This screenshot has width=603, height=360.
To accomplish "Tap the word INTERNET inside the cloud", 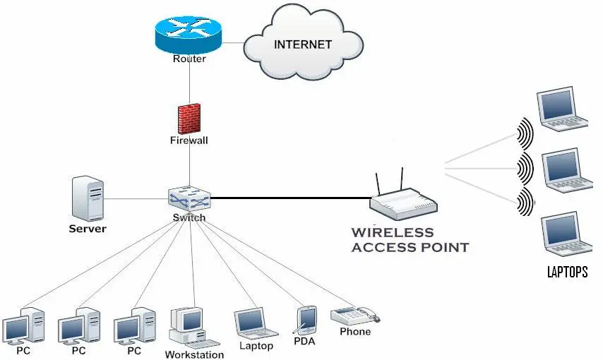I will [x=302, y=44].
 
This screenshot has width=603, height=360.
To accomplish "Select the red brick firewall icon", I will [x=189, y=119].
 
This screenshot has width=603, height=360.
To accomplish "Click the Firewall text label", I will [x=189, y=140].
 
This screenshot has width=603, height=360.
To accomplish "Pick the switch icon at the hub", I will [x=189, y=198].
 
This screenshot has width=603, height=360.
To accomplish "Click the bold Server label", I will [x=88, y=229].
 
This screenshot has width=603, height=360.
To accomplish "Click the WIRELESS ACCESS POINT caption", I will [x=410, y=240].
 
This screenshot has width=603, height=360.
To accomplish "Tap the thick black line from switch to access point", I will [x=289, y=198].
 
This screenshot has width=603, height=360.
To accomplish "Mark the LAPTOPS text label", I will [x=567, y=272].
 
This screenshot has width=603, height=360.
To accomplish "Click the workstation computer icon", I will [x=187, y=327].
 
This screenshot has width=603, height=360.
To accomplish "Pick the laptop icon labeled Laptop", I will [x=255, y=323].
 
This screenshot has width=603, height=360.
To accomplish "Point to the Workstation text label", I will [x=194, y=354].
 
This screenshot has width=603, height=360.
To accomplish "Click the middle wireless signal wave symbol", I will [x=523, y=167].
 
